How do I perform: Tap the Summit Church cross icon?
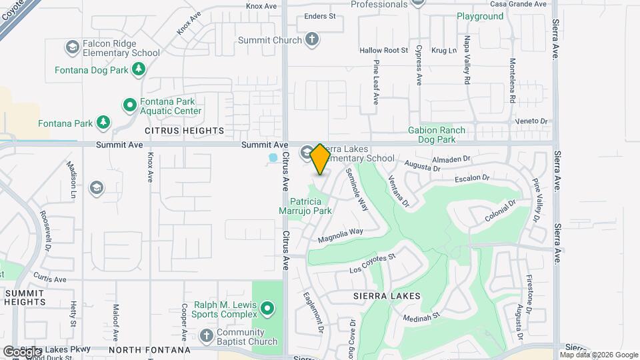(x=312, y=40)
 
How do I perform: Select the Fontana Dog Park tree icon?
(x=138, y=69)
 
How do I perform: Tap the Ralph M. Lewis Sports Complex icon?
(x=267, y=308)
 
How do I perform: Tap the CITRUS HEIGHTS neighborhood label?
(x=175, y=131)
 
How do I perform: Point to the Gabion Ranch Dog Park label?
(x=437, y=135)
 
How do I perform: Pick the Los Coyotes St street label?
(x=373, y=263)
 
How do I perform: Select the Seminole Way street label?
(x=357, y=189)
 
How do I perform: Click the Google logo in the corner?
(x=22, y=351)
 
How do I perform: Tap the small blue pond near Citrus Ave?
(x=273, y=159)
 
